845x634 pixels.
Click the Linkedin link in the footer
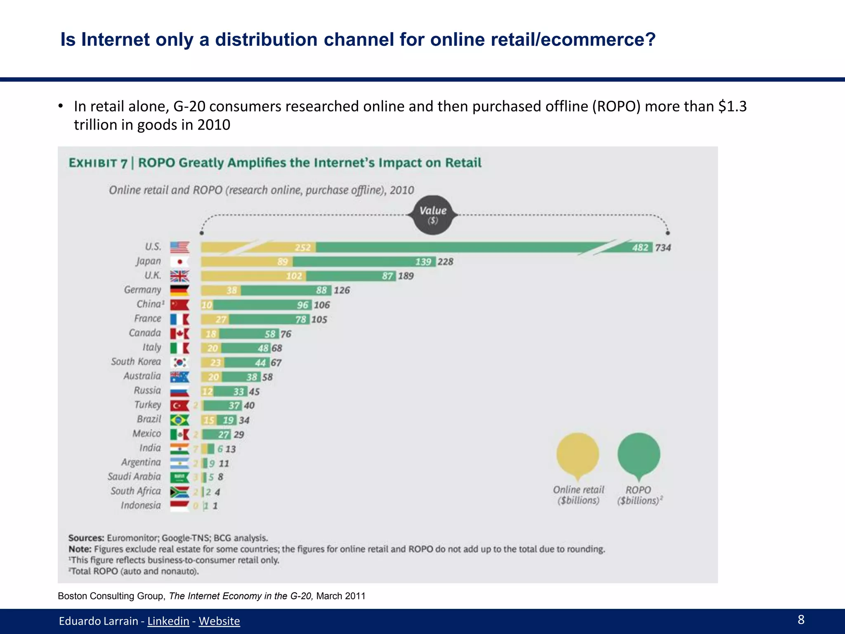tap(168, 621)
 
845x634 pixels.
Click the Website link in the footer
tap(219, 621)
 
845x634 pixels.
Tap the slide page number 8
tap(801, 620)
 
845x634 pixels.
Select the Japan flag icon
tap(179, 262)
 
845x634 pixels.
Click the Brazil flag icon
tap(179, 420)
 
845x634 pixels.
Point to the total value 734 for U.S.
tap(663, 248)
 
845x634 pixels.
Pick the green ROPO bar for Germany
tap(286, 291)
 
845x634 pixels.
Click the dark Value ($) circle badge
tap(433, 215)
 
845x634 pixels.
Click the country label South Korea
tap(136, 362)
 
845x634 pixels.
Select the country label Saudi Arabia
tap(134, 477)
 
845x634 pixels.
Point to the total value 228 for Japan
tap(445, 262)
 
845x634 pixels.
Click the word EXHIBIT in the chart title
tap(93, 163)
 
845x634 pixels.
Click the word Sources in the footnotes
tap(86, 538)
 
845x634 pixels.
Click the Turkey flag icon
tap(179, 406)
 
